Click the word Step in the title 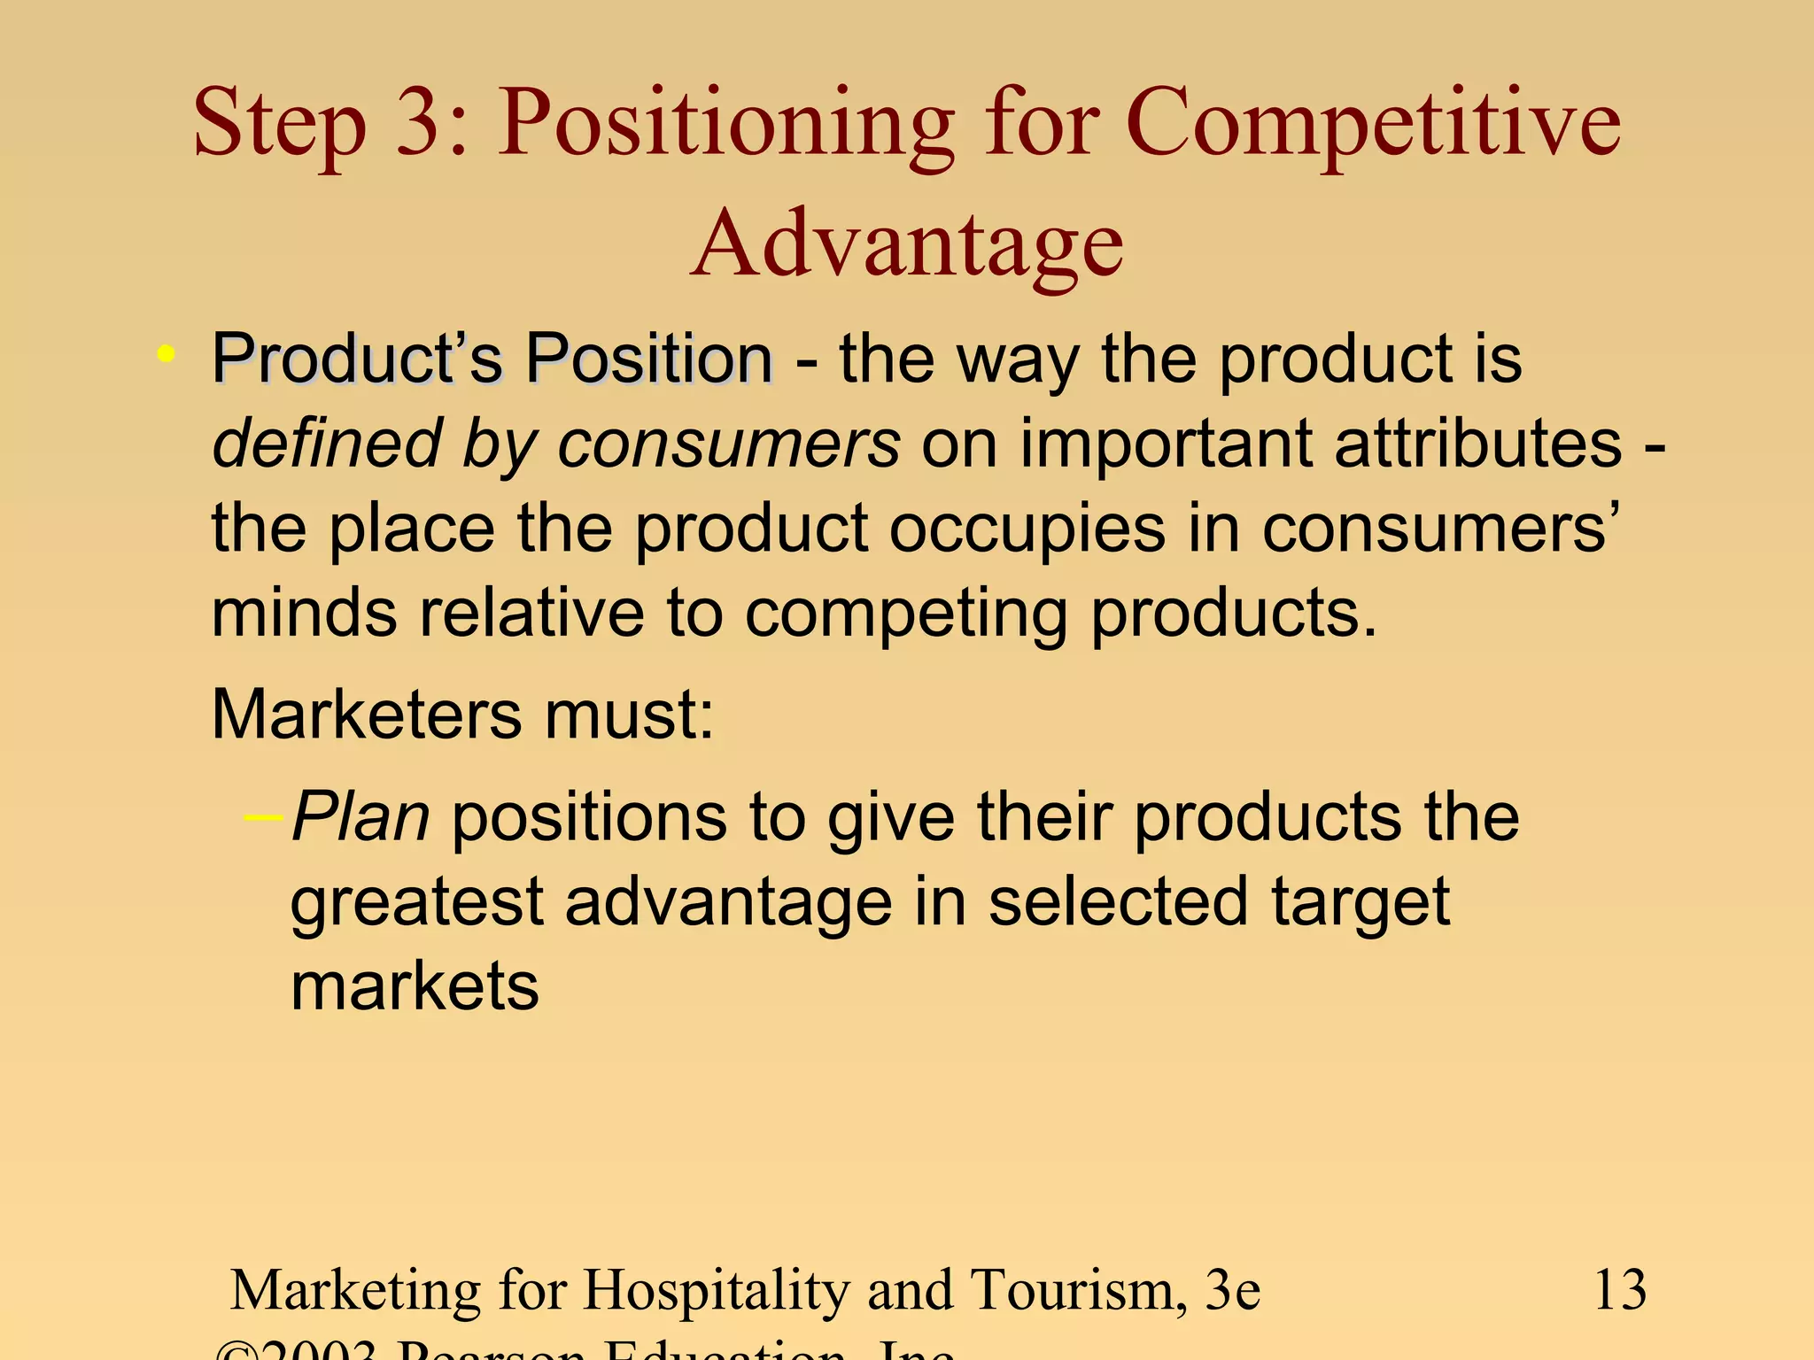point(279,124)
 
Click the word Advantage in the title point(907,243)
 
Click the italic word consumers point(728,444)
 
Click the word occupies point(1027,529)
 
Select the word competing point(905,614)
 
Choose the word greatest point(416,903)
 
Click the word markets point(415,986)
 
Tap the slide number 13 point(1619,1290)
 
